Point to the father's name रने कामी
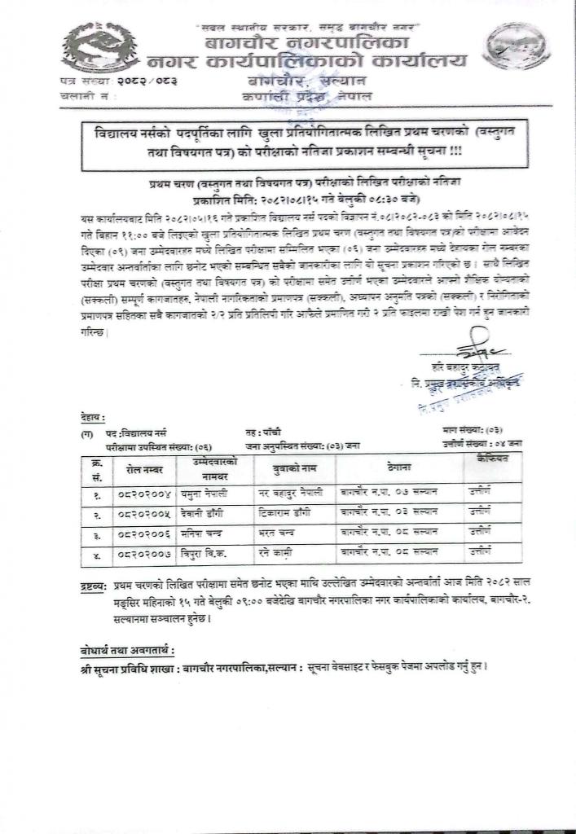click(x=288, y=554)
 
